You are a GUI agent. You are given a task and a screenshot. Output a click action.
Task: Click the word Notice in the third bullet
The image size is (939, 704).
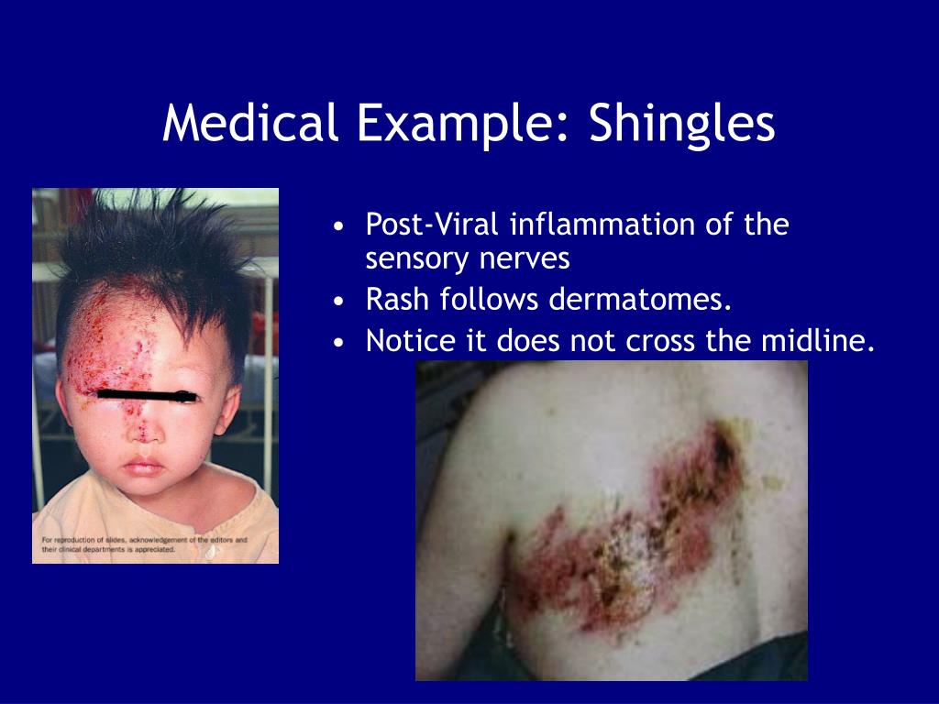pyautogui.click(x=409, y=341)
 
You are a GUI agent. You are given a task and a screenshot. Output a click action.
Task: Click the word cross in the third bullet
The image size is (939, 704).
pyautogui.click(x=662, y=341)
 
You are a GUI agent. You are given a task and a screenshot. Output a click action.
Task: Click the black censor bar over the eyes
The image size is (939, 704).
pyautogui.click(x=147, y=396)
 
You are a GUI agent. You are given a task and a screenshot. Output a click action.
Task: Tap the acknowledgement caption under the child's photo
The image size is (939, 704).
pyautogui.click(x=144, y=544)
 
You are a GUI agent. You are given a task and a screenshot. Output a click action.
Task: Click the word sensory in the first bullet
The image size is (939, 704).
pyautogui.click(x=416, y=259)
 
